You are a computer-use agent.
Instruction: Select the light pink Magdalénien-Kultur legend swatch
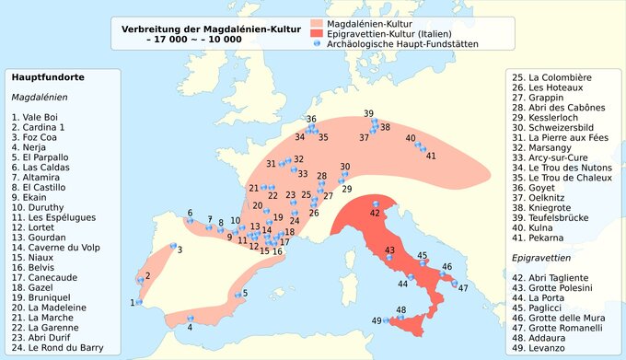[x=317, y=21]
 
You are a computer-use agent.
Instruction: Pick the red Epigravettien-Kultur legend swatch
[x=317, y=32]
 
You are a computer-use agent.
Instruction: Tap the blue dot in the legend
[x=317, y=43]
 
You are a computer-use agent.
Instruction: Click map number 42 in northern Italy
[x=375, y=213]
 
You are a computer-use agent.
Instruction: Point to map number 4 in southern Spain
[x=190, y=327]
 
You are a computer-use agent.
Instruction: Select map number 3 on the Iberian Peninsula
[x=180, y=250]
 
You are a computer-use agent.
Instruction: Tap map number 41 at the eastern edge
[x=430, y=156]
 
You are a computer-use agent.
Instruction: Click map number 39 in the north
[x=368, y=114]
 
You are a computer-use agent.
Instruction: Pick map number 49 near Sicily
[x=377, y=320]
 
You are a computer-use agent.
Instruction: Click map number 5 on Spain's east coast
[x=243, y=294]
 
